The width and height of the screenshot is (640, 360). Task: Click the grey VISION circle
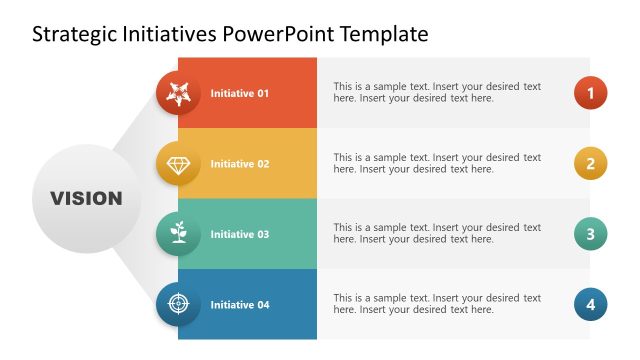[87, 198]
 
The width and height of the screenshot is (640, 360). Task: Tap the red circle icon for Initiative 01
[179, 93]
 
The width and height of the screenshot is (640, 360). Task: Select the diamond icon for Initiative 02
[179, 164]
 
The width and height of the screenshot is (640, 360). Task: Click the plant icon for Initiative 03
[179, 234]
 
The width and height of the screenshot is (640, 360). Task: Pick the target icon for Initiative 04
[179, 304]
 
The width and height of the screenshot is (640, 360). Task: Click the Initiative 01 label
[240, 93]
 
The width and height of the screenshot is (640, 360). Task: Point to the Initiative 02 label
[240, 164]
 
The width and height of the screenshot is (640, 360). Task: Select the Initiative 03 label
[240, 234]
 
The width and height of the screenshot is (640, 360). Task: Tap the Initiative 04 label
[240, 304]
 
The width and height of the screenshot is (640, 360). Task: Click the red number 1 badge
[590, 93]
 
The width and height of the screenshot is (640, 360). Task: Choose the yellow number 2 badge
[590, 164]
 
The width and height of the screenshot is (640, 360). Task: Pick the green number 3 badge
[590, 234]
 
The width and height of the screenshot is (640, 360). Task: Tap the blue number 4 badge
[590, 304]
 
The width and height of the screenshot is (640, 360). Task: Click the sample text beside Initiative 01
[437, 93]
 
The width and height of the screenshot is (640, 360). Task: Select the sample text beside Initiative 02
[437, 164]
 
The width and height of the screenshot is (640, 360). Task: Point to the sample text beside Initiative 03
[437, 234]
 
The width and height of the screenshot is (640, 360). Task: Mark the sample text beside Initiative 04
[437, 304]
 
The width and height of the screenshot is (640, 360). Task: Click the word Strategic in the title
[75, 35]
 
